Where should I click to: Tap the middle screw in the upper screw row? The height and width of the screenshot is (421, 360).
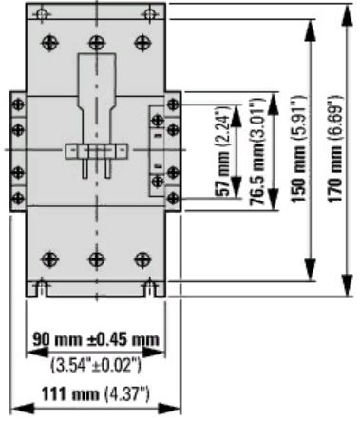pos(94,41)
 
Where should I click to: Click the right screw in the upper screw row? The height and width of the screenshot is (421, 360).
pos(142,41)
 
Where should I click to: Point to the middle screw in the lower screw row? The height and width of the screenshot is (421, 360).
pos(94,258)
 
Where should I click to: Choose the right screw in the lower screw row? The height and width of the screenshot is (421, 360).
pos(142,258)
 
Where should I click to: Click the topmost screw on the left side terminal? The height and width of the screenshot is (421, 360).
pos(16,105)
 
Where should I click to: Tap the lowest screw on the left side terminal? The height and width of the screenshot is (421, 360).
pos(16,196)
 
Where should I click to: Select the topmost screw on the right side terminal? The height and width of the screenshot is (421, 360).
pos(172,105)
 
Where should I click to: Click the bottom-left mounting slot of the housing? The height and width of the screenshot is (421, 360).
pos(40,284)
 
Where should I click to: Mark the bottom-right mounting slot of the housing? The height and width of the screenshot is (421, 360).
pos(148,284)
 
